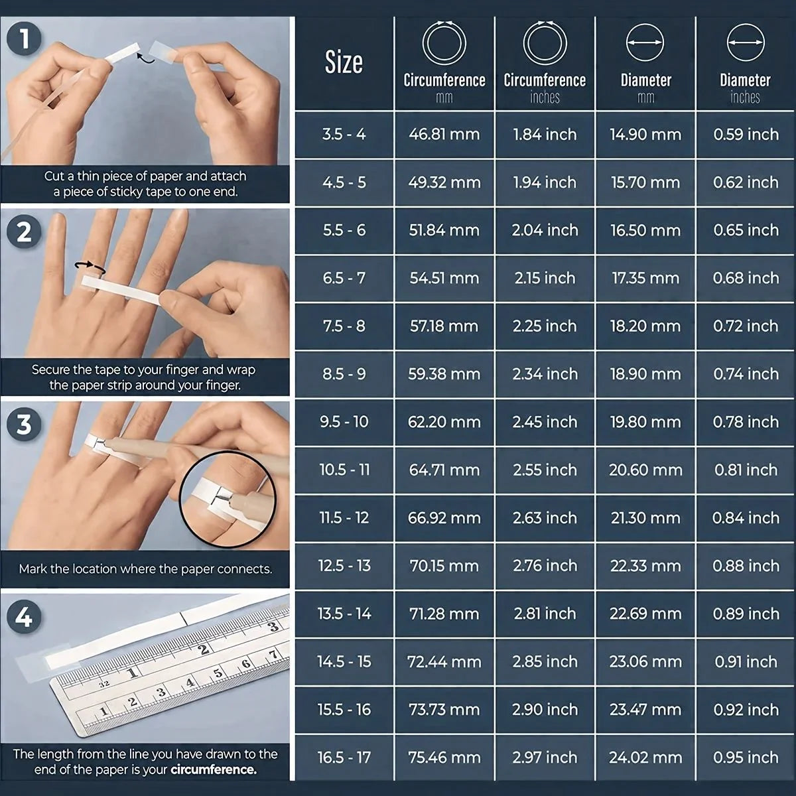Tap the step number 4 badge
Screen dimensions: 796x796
coord(24,618)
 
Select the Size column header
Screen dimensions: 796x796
coord(344,63)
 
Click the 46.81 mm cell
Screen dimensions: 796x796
coord(444,135)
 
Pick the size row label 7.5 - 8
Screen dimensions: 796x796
coord(344,326)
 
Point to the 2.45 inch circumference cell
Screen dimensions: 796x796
coord(545,422)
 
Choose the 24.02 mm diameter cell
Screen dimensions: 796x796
coord(645,758)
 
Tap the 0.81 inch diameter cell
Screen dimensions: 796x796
coord(746,470)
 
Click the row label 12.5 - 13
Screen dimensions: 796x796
coord(344,566)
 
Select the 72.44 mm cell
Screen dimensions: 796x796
coord(444,662)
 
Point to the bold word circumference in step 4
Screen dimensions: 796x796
coord(213,770)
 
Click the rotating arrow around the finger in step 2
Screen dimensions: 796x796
coord(90,267)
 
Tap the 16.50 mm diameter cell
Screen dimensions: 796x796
coord(645,230)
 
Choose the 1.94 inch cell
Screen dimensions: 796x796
coord(545,182)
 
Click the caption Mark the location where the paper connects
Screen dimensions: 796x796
coord(145,569)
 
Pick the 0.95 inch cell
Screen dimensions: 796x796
coord(746,758)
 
